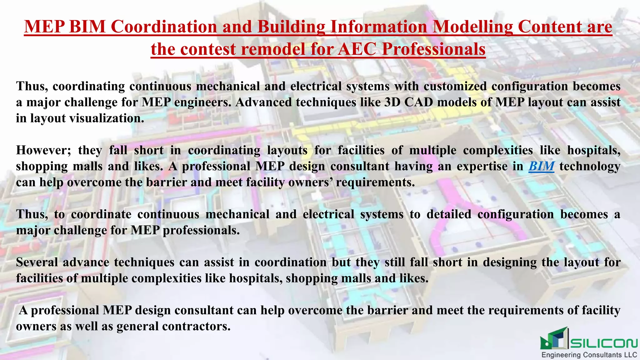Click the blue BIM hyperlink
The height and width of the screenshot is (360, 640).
pyautogui.click(x=541, y=166)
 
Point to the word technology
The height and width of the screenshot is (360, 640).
pyautogui.click(x=590, y=166)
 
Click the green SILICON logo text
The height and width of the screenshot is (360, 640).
pyautogui.click(x=603, y=343)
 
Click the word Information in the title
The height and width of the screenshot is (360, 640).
pyautogui.click(x=378, y=27)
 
